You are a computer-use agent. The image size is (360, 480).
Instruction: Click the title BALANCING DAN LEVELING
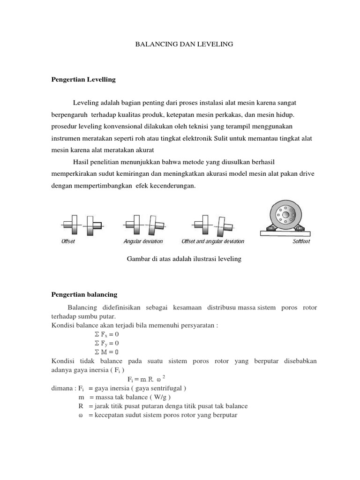tap(184, 44)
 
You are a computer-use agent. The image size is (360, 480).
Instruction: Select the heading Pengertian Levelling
tap(83, 80)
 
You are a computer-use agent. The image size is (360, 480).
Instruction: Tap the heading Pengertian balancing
tap(84, 294)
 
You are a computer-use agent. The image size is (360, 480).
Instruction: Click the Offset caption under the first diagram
tap(68, 241)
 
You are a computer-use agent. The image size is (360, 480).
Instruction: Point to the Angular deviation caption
tap(143, 241)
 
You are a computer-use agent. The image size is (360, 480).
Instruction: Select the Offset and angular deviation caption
tap(213, 241)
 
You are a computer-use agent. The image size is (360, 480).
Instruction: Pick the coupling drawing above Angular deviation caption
tap(144, 224)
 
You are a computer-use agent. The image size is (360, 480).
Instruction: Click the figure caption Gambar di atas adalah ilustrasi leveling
tap(184, 259)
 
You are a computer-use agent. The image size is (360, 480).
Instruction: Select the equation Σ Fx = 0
tap(104, 334)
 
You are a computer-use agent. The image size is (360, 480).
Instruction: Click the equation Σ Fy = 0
tap(104, 343)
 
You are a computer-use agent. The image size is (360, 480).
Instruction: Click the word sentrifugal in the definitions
tap(165, 388)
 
